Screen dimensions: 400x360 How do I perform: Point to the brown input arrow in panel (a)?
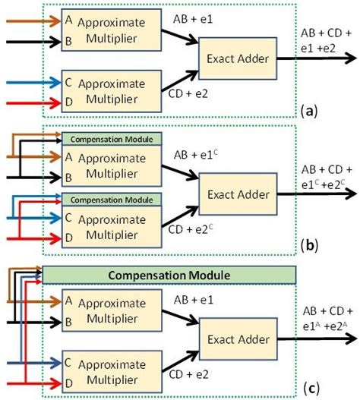pos(30,22)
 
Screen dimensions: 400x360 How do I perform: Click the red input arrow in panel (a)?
pos(30,100)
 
